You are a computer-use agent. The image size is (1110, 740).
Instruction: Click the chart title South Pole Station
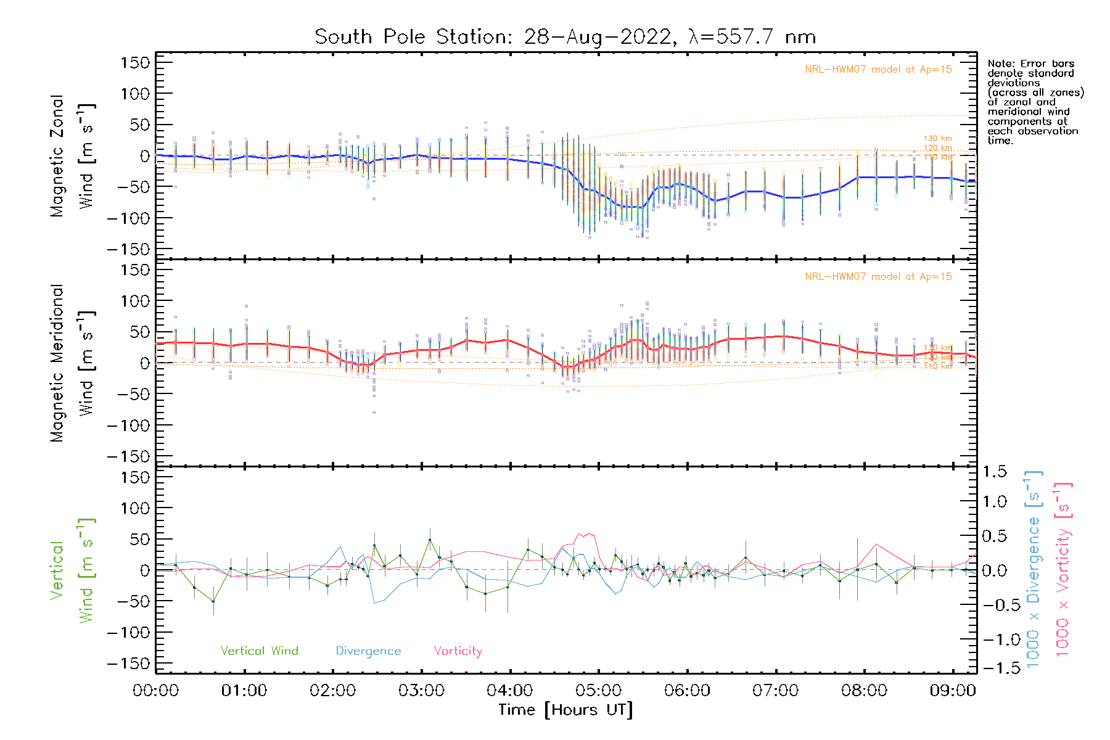(565, 37)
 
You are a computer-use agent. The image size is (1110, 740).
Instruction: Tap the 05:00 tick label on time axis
(598, 691)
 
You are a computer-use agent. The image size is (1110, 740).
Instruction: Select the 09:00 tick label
(953, 691)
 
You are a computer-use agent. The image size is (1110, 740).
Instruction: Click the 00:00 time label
(156, 691)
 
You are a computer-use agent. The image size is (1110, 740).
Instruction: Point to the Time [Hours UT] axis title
(565, 710)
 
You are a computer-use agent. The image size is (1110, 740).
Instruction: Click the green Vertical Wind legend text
(259, 651)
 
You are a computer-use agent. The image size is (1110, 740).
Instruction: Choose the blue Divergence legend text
(368, 651)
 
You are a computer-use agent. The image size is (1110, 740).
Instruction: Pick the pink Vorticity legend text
(458, 651)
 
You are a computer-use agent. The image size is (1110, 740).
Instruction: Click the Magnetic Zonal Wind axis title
(72, 155)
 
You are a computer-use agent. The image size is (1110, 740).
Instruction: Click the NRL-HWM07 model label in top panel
(878, 70)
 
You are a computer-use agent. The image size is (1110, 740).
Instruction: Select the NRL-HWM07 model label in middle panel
(878, 277)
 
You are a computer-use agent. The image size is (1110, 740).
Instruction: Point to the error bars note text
(1035, 102)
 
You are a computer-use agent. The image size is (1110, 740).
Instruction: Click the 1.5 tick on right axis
(994, 472)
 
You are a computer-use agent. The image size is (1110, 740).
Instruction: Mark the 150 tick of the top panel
(136, 63)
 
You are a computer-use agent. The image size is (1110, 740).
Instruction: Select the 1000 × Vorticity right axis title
(1063, 569)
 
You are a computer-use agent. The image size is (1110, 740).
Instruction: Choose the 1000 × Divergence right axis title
(1034, 569)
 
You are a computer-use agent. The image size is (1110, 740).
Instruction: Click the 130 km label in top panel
(937, 139)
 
